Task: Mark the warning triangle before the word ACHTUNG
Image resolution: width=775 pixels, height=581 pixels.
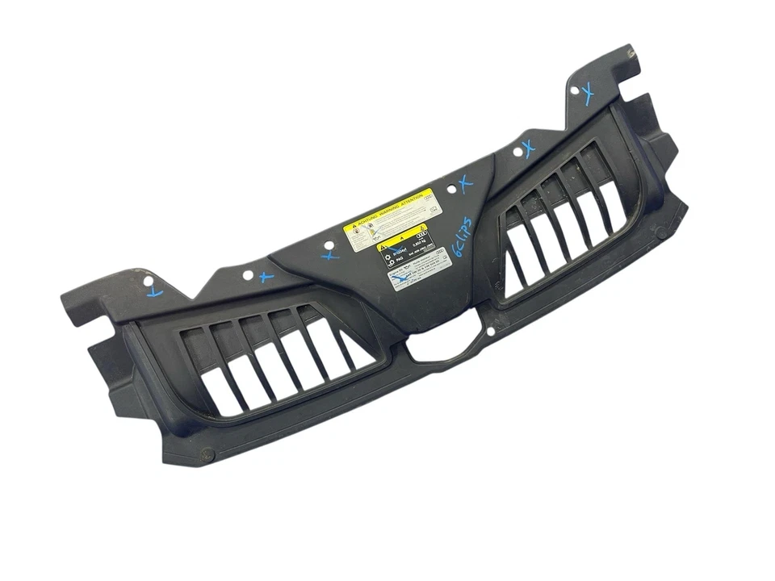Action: click(350, 227)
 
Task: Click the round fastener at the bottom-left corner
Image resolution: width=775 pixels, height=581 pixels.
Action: click(203, 454)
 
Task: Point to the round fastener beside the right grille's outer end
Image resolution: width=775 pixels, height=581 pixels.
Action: click(660, 233)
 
